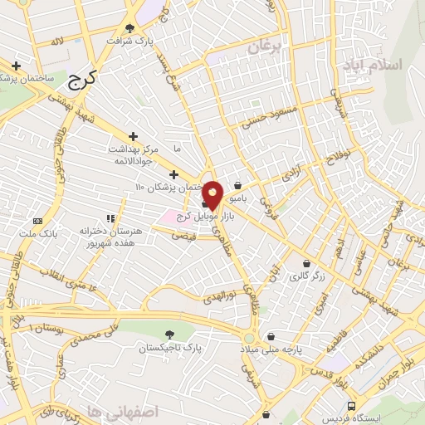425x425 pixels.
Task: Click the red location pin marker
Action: click(x=213, y=193)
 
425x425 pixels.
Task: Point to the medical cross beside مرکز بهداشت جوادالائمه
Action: click(x=133, y=136)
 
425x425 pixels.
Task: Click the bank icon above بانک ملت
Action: click(x=37, y=221)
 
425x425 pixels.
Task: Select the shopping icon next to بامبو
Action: click(x=238, y=186)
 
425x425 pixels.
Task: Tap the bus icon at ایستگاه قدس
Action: click(x=352, y=406)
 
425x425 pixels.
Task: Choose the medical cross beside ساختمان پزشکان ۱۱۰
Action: click(x=173, y=175)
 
